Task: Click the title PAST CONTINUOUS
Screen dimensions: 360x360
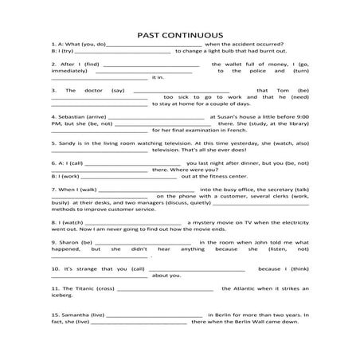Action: tap(179, 35)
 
